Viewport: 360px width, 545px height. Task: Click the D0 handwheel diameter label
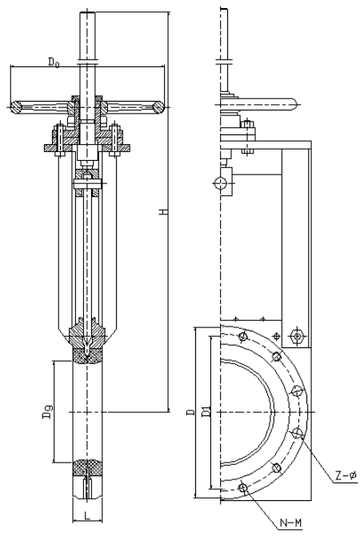(54, 62)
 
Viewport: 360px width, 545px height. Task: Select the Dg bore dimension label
(48, 411)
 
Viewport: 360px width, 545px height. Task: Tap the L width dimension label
(87, 515)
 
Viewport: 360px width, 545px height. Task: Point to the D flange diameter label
(190, 413)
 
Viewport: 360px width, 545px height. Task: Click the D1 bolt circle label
(206, 411)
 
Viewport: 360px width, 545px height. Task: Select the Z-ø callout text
(346, 475)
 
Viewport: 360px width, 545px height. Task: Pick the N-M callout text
(290, 523)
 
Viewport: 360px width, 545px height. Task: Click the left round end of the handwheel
(16, 107)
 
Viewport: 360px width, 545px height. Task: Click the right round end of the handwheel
(158, 107)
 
